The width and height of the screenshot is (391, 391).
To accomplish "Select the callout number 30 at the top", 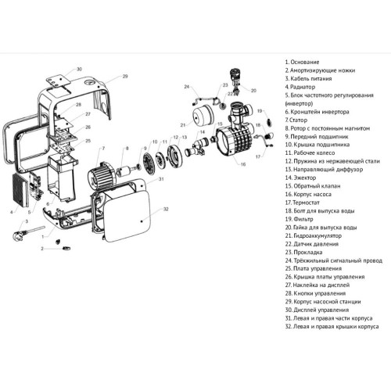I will (77, 69).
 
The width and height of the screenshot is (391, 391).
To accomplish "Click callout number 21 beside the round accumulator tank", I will (182, 125).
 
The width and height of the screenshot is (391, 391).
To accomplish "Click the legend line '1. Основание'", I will (303, 63).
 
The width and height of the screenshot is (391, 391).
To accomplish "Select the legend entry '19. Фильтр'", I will (303, 221).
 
